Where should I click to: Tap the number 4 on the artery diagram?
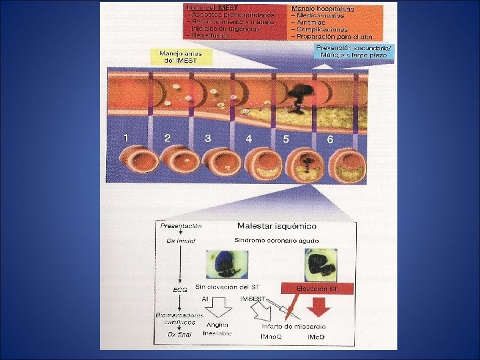click(248, 139)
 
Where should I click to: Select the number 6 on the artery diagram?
click(329, 140)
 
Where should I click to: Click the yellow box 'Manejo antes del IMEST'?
click(182, 56)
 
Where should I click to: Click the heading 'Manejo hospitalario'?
click(321, 9)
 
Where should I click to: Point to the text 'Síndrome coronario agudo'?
click(277, 240)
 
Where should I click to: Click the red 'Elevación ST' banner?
click(317, 288)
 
